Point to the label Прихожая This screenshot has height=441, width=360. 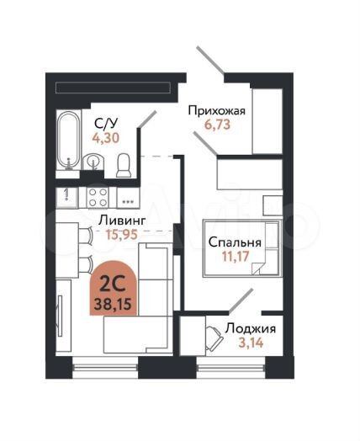coord(216,110)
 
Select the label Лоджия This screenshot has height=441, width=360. coord(253,328)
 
